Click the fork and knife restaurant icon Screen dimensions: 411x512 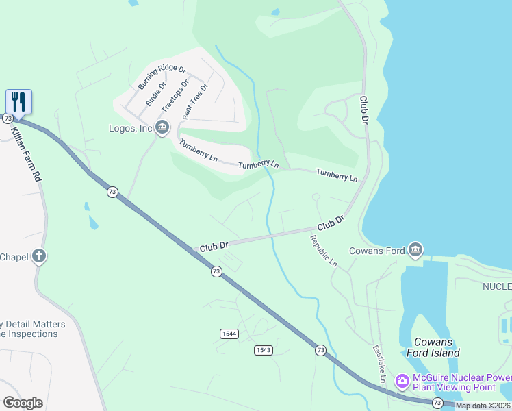click(x=19, y=102)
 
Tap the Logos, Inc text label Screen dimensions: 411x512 click(x=130, y=128)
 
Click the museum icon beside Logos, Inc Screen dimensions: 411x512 click(x=162, y=127)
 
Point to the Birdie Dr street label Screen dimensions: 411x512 click(x=156, y=95)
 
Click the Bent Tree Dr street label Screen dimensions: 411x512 click(x=195, y=102)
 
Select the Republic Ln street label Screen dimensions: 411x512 click(x=324, y=251)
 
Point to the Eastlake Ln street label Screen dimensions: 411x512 click(x=379, y=364)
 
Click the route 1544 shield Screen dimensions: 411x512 click(x=229, y=333)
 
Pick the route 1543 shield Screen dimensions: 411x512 click(x=264, y=350)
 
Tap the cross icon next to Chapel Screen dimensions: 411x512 click(x=40, y=256)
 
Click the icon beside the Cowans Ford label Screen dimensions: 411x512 click(x=415, y=250)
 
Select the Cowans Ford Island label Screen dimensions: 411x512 click(x=436, y=347)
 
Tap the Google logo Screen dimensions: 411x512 click(x=22, y=403)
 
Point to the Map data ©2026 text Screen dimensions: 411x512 click(x=483, y=406)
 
